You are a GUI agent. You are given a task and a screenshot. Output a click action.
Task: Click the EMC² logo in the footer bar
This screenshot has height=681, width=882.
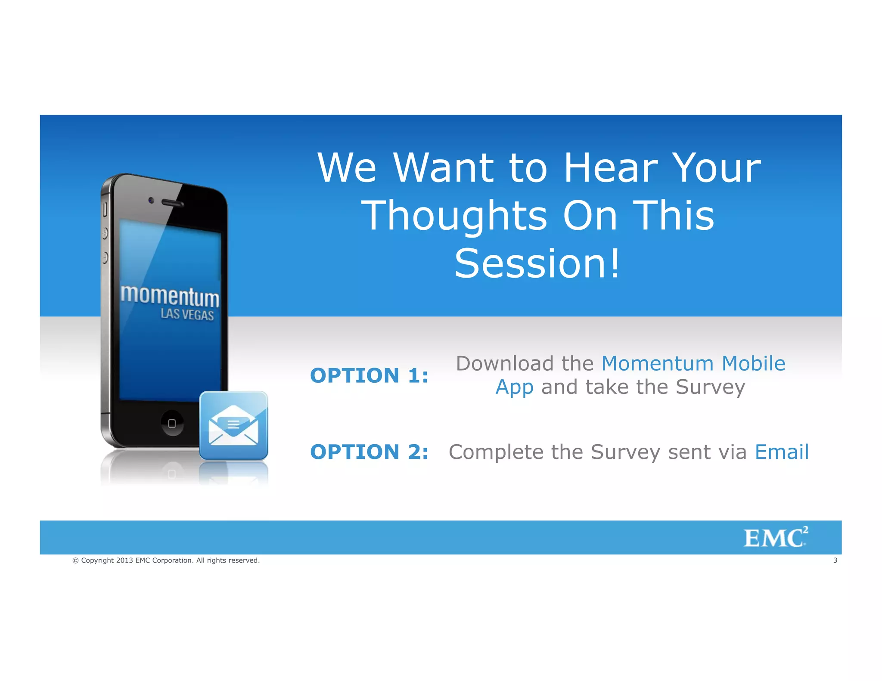pos(775,538)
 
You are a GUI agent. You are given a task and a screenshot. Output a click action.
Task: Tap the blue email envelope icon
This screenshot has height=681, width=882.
pos(233,426)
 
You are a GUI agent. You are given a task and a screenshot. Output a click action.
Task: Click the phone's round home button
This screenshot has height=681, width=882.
pos(172,423)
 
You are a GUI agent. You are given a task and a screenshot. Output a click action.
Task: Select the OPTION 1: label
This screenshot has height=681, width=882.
pos(369,375)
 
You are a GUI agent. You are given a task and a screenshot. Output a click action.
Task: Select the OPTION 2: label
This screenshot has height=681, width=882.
pos(369,452)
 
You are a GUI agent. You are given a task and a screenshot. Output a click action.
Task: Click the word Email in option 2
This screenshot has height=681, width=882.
pos(782,452)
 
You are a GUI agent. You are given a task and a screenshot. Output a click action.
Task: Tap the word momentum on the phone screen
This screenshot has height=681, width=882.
pos(170,296)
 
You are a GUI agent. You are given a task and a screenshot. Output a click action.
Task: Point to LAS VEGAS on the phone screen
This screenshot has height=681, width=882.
pos(187,315)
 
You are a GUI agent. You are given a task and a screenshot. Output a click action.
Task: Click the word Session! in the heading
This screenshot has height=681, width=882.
pos(537,263)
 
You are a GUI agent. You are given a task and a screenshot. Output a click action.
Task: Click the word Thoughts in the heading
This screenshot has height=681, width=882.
pos(454,216)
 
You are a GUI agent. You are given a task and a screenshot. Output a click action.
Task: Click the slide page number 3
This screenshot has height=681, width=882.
pos(835,560)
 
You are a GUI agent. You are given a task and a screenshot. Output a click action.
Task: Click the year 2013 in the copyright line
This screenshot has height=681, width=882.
pos(124,560)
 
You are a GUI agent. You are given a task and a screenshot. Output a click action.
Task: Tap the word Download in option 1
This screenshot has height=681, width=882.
pos(505,363)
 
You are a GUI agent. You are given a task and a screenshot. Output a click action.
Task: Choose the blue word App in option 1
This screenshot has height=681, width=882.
pos(514,387)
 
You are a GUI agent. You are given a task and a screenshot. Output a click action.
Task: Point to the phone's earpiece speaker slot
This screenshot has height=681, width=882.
pos(172,203)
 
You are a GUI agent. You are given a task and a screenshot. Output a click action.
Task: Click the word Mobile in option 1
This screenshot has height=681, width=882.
pos(753,363)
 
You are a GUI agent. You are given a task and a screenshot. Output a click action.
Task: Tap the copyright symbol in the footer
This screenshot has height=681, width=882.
pos(75,560)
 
